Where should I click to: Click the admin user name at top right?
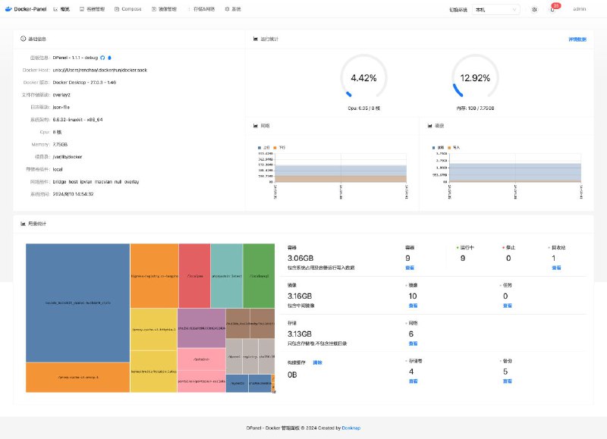[579, 9]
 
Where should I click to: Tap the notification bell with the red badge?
[552, 9]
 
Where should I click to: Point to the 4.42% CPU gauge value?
[363, 78]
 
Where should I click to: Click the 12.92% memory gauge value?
[476, 78]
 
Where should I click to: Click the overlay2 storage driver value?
[61, 94]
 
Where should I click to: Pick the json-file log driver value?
[61, 107]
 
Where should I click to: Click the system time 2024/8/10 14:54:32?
[73, 194]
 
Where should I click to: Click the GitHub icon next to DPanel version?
[102, 57]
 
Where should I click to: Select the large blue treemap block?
[77, 303]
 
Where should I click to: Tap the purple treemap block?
[200, 328]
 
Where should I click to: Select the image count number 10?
[413, 296]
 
